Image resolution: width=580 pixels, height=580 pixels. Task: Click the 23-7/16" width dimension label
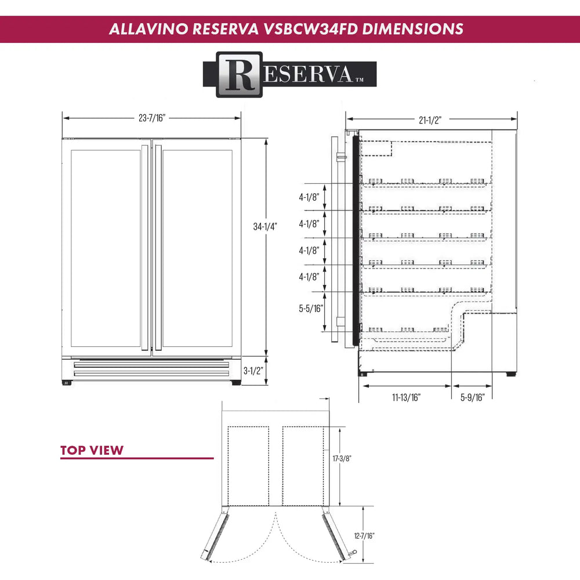coord(152,118)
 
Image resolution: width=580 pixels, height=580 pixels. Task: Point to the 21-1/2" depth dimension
coord(430,120)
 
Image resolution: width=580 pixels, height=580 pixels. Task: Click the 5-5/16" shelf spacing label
coord(310,309)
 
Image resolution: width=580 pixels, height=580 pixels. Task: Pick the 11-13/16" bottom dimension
coord(405,397)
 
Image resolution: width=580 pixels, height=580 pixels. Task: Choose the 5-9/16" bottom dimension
coord(473,397)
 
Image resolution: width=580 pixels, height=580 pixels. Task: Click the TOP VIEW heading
coord(92,450)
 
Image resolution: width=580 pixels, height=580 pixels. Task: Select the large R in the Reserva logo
coord(240,75)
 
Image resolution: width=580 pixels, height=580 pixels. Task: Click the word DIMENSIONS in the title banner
coord(412,29)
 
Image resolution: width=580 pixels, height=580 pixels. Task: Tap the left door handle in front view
coord(144,248)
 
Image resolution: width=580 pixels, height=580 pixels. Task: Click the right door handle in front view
coord(157,248)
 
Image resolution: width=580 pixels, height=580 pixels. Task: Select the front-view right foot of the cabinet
coord(236,383)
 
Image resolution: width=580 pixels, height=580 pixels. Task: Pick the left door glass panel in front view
coord(106,248)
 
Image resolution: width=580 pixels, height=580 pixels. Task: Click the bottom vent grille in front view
coord(151,369)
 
